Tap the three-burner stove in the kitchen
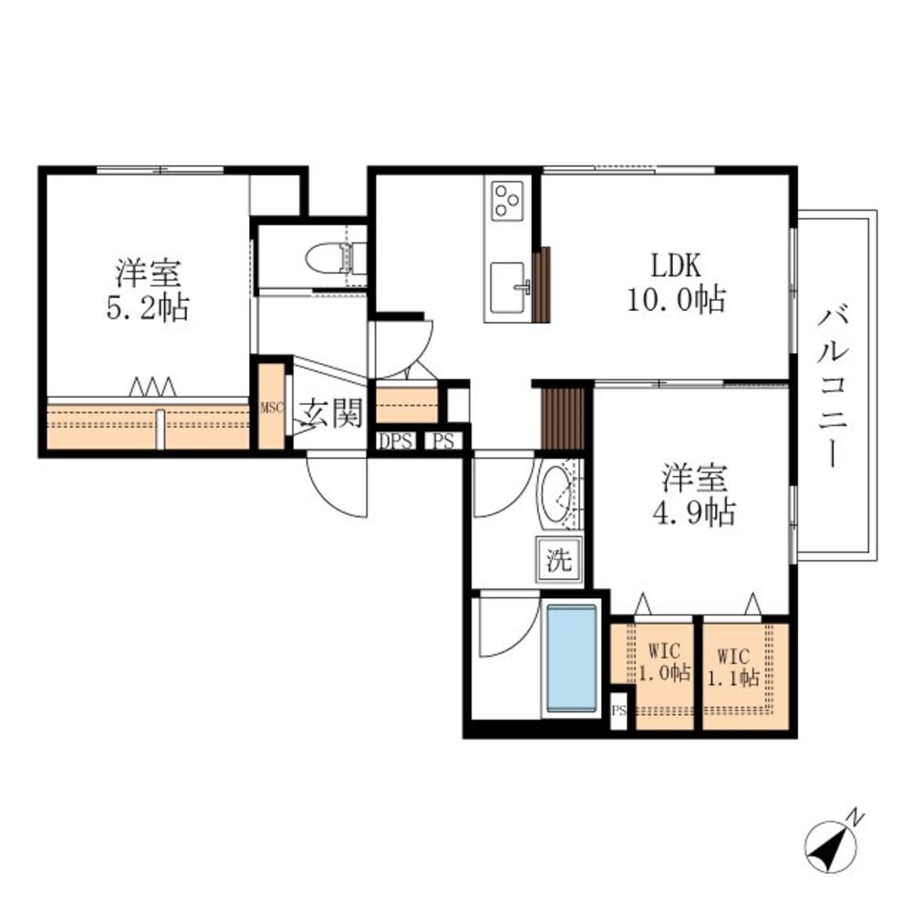pos(507,201)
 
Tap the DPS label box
pos(397,442)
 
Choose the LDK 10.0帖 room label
pos(675,283)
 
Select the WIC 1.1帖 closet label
pos(737,668)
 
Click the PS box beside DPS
pos(444,442)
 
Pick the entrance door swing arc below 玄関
pos(336,488)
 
